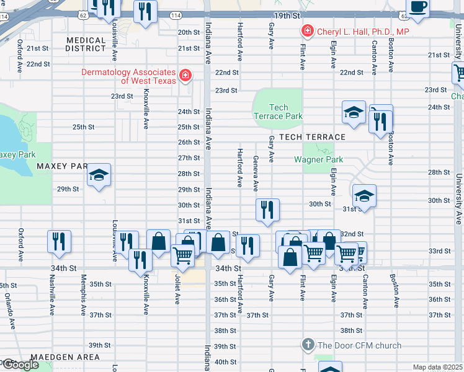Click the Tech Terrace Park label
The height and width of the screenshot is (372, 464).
278,112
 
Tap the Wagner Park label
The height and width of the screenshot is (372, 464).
318,159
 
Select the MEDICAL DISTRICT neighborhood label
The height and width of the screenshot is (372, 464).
86,44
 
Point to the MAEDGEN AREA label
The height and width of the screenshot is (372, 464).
70,357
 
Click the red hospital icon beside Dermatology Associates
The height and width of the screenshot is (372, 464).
184,76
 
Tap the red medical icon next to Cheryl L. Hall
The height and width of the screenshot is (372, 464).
306,31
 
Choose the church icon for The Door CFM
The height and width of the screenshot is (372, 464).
306,345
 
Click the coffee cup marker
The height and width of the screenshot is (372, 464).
419,7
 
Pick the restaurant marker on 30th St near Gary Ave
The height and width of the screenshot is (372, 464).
267,210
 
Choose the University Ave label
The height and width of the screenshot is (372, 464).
458,198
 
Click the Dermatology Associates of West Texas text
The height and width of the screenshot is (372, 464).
129,76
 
